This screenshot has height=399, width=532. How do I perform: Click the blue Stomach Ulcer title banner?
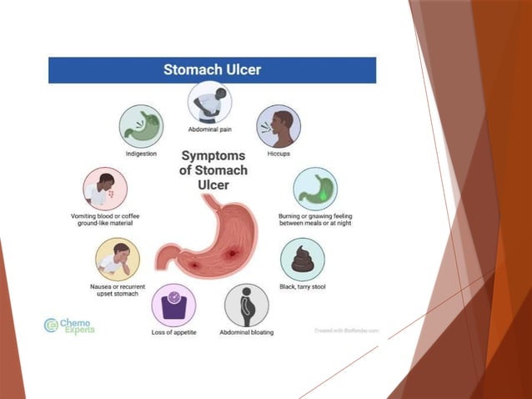[x=212, y=70]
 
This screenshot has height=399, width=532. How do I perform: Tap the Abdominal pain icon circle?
[x=209, y=103]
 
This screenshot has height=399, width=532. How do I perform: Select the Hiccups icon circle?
[x=279, y=126]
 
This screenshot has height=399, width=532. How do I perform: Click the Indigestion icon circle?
[x=142, y=126]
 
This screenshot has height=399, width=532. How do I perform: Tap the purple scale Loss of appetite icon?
[x=173, y=305]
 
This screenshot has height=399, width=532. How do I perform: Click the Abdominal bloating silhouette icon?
[x=246, y=305]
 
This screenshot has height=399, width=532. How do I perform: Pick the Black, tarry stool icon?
[x=303, y=260]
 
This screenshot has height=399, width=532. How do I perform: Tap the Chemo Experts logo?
[x=70, y=326]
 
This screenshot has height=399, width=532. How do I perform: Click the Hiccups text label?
[x=279, y=154]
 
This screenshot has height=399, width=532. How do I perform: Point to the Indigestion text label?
[x=141, y=154]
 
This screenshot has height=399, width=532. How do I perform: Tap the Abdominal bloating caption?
[x=246, y=333]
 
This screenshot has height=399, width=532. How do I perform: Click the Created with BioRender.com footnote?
[x=346, y=330]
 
